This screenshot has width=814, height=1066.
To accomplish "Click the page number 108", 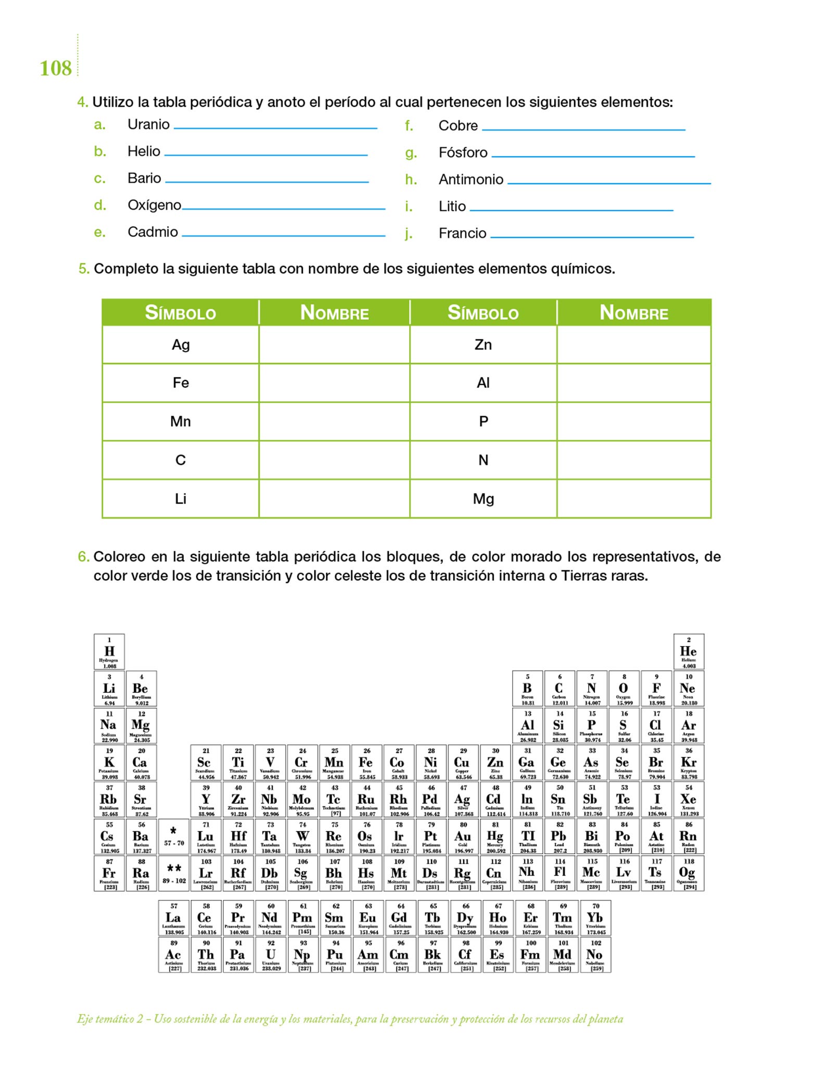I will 56,69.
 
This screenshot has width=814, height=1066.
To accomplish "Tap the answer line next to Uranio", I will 275,127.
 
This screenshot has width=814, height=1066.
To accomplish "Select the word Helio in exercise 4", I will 144,151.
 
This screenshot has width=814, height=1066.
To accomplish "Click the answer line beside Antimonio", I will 609,182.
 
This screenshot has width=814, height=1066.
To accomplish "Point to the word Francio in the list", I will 462,233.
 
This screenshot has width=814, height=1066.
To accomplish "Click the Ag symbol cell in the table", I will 181,345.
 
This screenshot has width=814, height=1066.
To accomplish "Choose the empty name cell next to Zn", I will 633,345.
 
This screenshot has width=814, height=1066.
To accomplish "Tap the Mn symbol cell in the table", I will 181,422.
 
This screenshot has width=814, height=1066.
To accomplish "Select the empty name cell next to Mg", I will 633,499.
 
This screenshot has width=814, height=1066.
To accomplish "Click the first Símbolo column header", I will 180,313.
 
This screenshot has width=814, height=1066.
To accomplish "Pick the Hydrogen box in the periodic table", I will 109,652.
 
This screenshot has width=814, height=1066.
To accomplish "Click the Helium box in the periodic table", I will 689,652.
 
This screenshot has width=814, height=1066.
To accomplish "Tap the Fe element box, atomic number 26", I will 367,763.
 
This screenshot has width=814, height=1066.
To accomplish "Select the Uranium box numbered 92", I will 271,955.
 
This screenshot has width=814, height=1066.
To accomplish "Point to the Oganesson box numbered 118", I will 689,873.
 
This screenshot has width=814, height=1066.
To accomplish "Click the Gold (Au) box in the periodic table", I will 463,836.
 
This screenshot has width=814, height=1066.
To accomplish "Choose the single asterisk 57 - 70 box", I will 174,836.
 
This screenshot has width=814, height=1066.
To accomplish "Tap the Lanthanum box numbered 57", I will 174,918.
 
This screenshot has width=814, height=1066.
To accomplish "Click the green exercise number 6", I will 83,557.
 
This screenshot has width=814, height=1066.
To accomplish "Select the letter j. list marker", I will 409,234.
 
